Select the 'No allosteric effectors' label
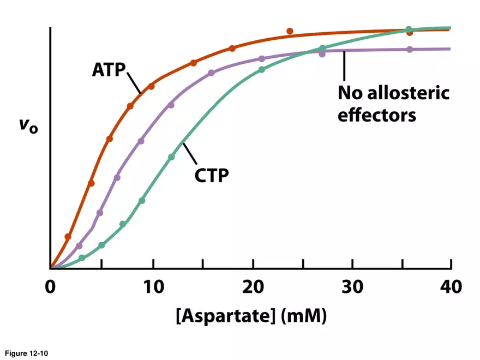[393, 104]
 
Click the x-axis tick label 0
[50, 286]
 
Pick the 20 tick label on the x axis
[253, 286]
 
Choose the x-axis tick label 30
[352, 286]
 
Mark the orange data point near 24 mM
[290, 31]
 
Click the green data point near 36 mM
[409, 29]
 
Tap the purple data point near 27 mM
[322, 53]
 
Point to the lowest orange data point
[68, 237]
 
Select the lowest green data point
[82, 258]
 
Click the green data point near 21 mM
[262, 70]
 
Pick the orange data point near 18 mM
[232, 49]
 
